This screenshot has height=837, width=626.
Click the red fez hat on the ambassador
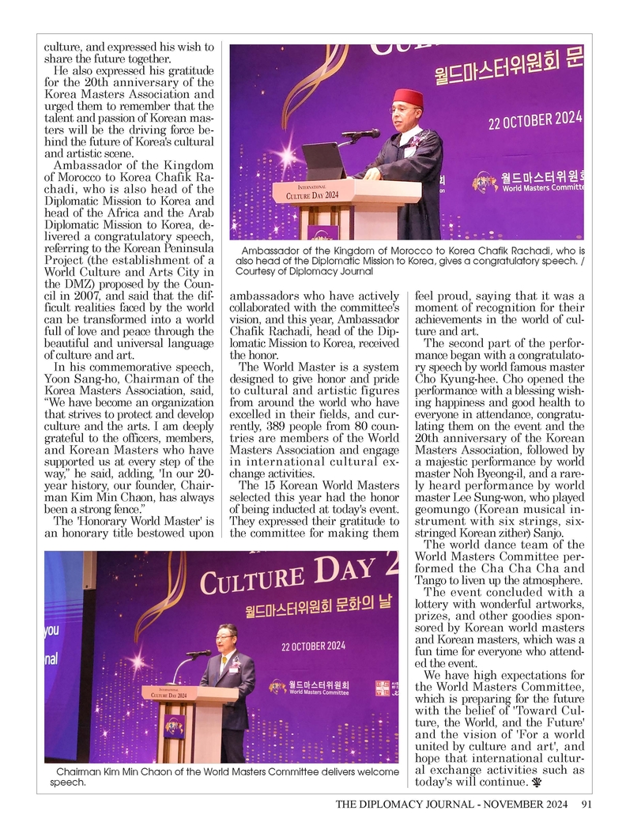pos(408,98)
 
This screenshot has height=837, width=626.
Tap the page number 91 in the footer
pos(586,805)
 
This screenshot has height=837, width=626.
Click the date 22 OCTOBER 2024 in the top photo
pos(534,121)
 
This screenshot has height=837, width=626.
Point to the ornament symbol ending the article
pos(539,783)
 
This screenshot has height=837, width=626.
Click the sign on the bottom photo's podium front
pos(175,726)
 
